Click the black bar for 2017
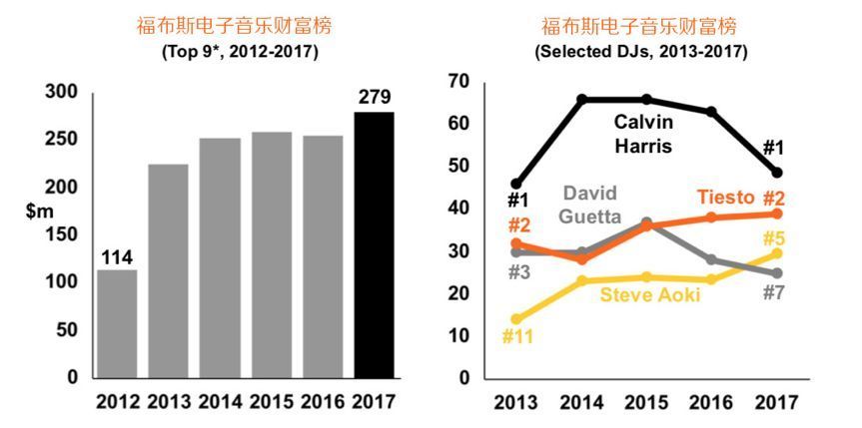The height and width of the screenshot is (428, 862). pyautogui.click(x=375, y=244)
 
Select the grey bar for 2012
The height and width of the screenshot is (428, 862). pyautogui.click(x=118, y=323)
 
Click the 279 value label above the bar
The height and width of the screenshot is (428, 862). pyautogui.click(x=375, y=97)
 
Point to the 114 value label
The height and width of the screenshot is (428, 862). pyautogui.click(x=118, y=256)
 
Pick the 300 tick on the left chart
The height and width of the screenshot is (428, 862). pyautogui.click(x=61, y=92)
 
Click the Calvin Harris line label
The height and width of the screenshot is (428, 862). pyautogui.click(x=643, y=134)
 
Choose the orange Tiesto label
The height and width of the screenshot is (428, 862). pyautogui.click(x=726, y=197)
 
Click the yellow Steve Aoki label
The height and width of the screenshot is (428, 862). pyautogui.click(x=651, y=295)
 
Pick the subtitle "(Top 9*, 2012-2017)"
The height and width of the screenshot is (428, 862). pyautogui.click(x=240, y=51)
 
